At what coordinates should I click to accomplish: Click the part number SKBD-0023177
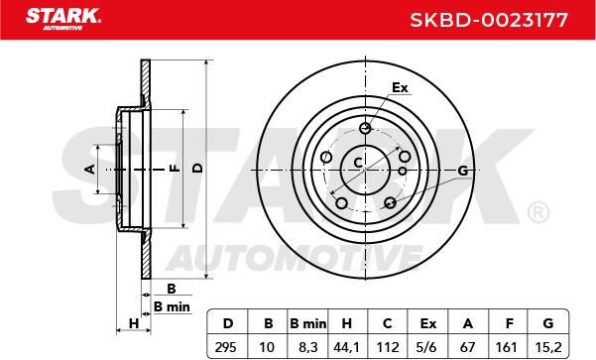[x=489, y=20]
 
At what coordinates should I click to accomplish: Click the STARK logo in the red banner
[x=63, y=19]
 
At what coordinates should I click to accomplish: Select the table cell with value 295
[x=226, y=347]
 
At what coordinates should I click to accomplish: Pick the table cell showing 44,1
[x=346, y=347]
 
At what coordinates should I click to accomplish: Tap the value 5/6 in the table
[x=427, y=347]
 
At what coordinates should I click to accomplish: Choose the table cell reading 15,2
[x=547, y=347]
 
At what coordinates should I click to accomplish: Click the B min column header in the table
[x=307, y=323]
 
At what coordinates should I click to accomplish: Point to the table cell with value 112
[x=388, y=347]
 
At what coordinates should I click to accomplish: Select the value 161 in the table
[x=507, y=347]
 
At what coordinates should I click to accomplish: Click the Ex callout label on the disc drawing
[x=400, y=88]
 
